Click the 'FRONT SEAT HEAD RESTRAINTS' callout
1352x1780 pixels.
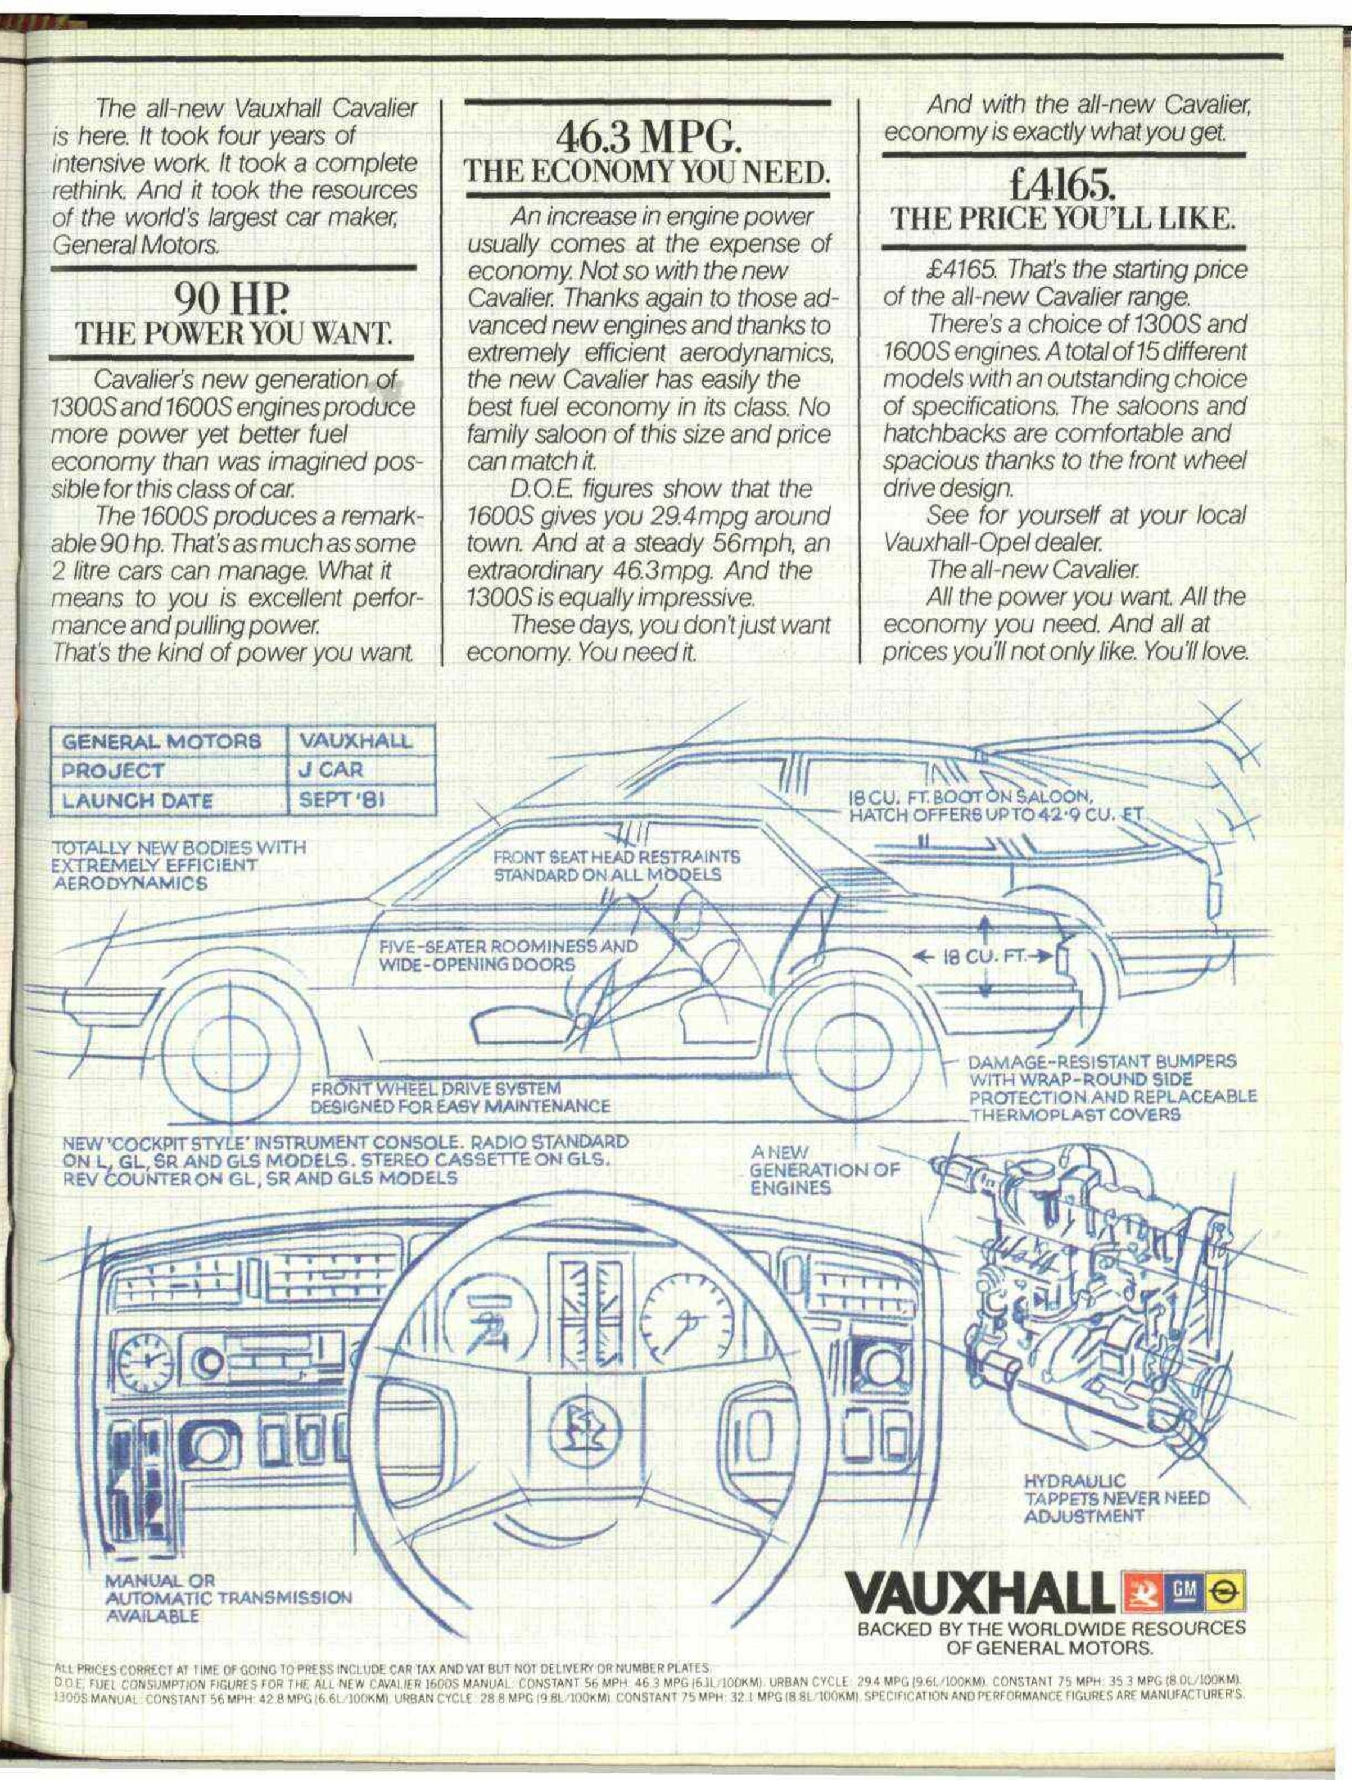(x=617, y=866)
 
